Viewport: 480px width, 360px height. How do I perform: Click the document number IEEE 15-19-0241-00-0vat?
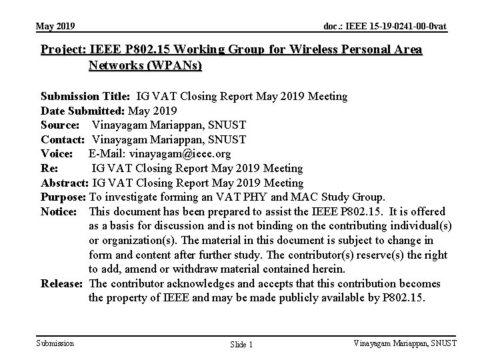point(385,26)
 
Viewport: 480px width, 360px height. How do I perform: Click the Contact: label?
point(63,139)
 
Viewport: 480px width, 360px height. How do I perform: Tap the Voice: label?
point(57,154)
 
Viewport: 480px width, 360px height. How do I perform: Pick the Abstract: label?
point(65,183)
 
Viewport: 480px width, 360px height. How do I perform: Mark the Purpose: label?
point(63,197)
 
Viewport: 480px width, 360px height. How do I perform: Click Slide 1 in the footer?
point(241,344)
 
